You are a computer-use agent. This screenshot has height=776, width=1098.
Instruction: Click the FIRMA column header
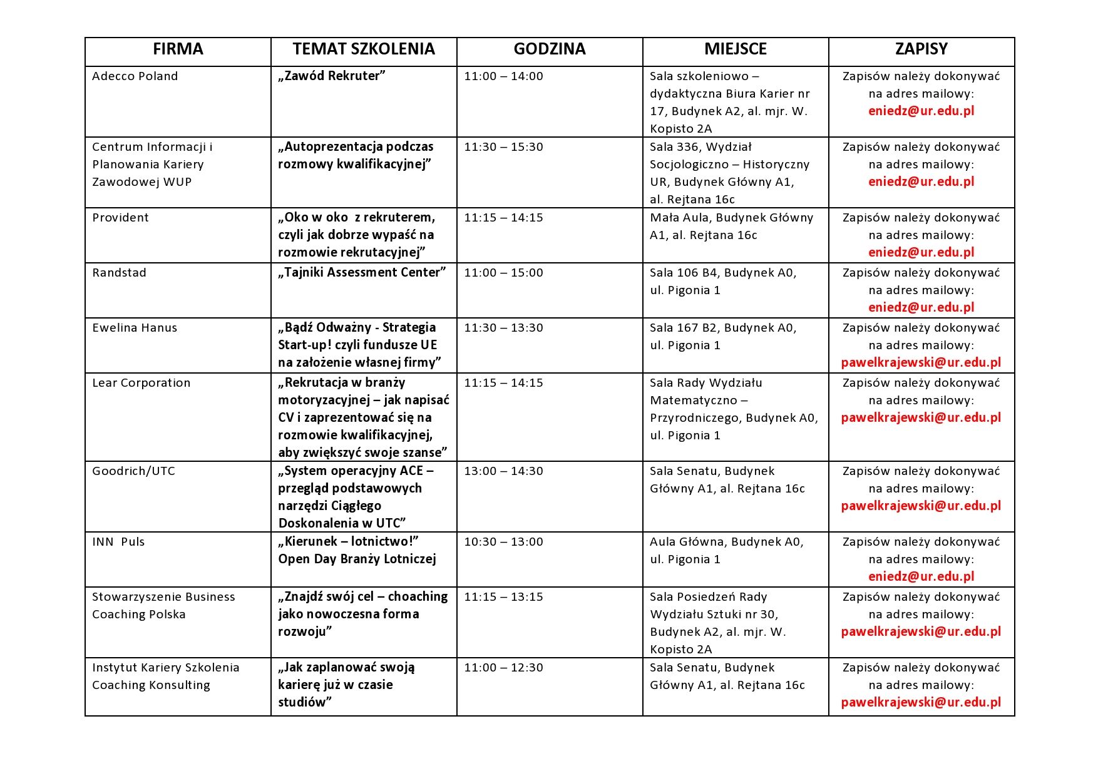[x=178, y=49]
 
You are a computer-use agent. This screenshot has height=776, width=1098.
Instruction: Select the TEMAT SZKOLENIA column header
[x=364, y=49]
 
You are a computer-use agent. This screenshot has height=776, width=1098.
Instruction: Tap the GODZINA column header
[x=550, y=49]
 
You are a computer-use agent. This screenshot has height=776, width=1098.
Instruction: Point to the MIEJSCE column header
[x=736, y=49]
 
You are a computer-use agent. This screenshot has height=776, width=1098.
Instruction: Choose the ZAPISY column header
[x=921, y=49]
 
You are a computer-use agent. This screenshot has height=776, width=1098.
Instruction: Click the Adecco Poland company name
[x=135, y=76]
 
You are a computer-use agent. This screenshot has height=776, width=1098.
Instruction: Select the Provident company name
[x=121, y=218]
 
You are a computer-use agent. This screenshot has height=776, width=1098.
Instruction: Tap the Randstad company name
[x=120, y=273]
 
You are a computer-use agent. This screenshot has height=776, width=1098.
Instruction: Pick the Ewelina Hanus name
[x=135, y=328]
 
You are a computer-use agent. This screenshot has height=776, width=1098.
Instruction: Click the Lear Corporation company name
[x=141, y=383]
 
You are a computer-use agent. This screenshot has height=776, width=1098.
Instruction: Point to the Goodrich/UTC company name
[x=134, y=471]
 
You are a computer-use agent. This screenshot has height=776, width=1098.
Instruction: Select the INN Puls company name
[x=118, y=542]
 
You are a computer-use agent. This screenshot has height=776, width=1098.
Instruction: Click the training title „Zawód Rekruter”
[x=332, y=76]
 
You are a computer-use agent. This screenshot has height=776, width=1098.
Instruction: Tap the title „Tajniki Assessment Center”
[x=362, y=273]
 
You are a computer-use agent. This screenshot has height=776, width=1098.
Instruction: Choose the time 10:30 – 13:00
[x=504, y=542]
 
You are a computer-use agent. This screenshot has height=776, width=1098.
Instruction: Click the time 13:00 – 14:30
[x=504, y=471]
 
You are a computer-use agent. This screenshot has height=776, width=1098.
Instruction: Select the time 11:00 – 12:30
[x=504, y=668]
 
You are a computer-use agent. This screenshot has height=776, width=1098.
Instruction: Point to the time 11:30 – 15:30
[x=504, y=147]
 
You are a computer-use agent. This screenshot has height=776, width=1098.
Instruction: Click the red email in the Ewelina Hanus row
[x=921, y=363]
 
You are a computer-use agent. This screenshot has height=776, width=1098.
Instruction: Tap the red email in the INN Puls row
[x=921, y=577]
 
